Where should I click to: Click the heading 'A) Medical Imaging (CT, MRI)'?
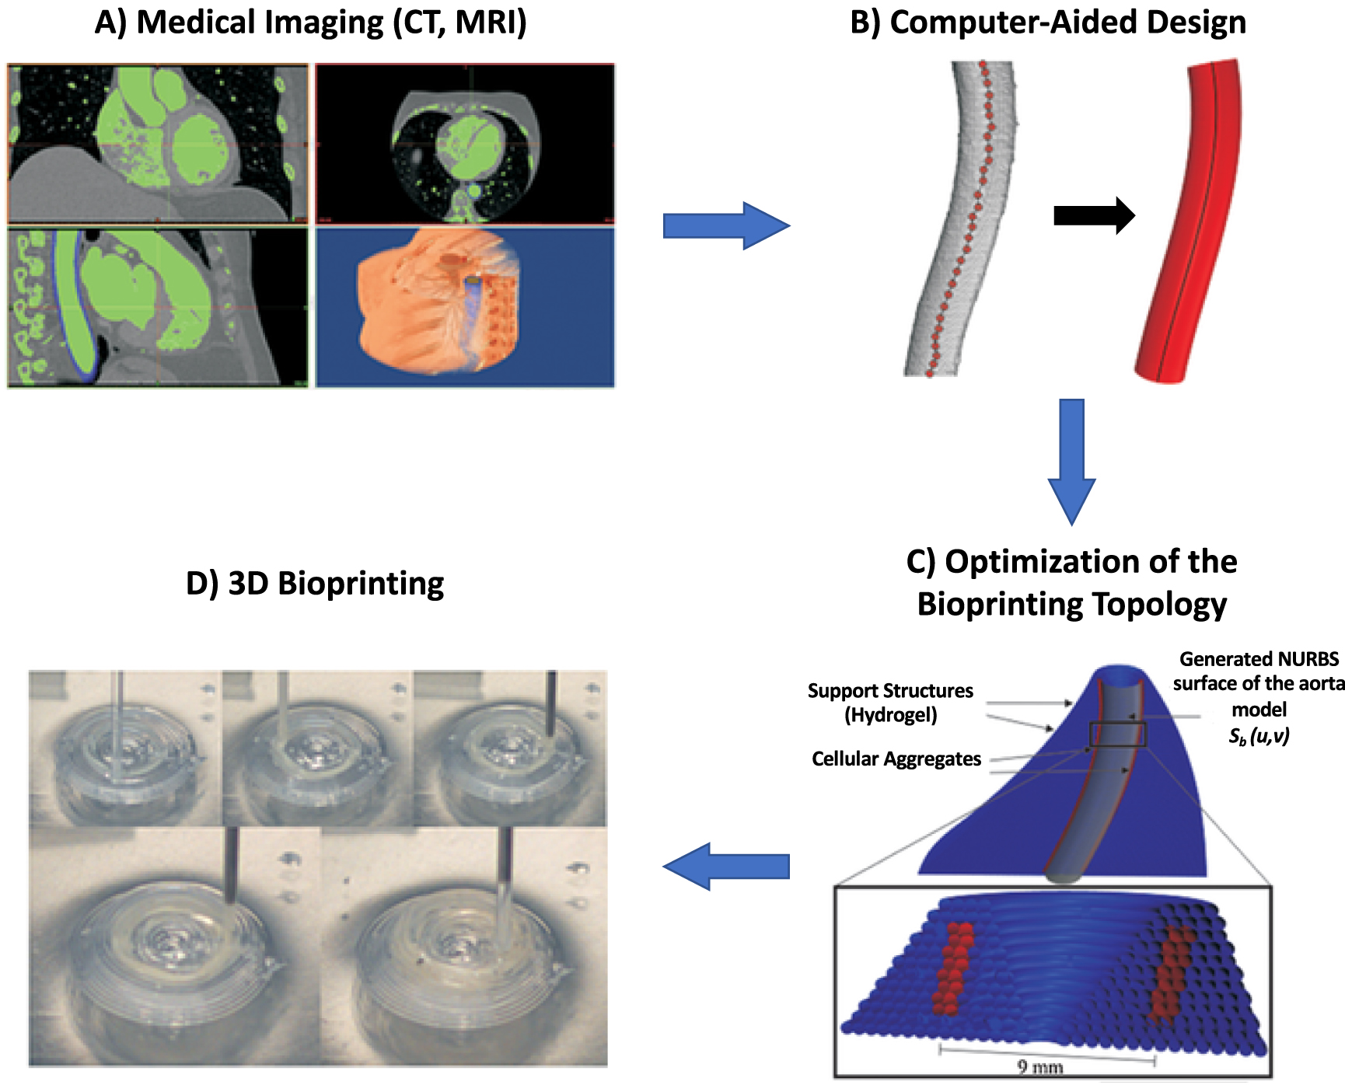tap(310, 23)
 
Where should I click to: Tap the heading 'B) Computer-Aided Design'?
tap(1048, 23)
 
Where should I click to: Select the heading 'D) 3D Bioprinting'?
tap(315, 584)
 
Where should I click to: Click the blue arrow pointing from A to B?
tap(725, 226)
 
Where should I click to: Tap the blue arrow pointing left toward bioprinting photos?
tap(725, 866)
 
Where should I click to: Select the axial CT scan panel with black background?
tap(465, 144)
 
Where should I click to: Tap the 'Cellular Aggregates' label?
tap(896, 759)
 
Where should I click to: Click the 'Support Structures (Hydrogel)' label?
tap(890, 703)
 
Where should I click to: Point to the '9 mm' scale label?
tap(1039, 1066)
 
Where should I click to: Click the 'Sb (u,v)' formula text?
tap(1258, 736)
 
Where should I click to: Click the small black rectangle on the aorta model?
tap(1118, 734)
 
